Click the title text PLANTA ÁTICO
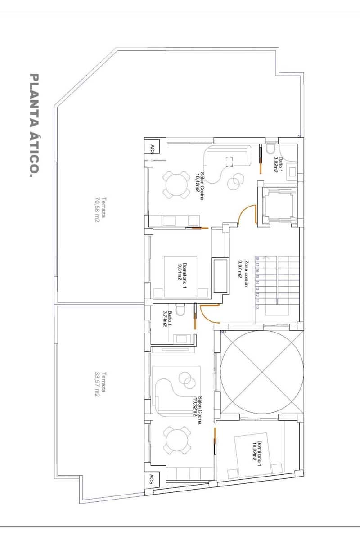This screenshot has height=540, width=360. (34, 126)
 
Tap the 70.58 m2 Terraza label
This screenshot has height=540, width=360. (100, 210)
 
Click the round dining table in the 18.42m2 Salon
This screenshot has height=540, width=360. (176, 184)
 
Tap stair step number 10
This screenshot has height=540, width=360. (258, 306)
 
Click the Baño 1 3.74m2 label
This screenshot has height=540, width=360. (166, 319)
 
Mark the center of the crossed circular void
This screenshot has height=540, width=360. (262, 371)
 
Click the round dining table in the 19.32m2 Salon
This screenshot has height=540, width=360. (176, 440)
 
